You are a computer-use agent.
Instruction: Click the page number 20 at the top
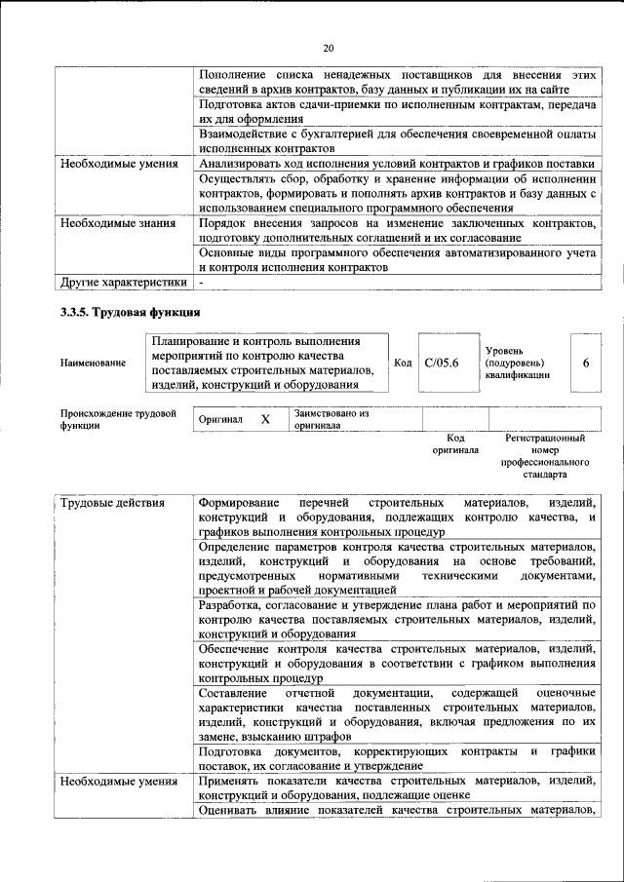coord(328,48)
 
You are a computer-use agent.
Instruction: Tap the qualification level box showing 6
coord(585,364)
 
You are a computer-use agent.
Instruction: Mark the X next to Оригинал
coord(264,419)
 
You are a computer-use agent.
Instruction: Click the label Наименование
coord(93,364)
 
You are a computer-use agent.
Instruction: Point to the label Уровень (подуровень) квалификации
coord(517,364)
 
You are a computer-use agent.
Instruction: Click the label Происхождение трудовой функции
coord(117,419)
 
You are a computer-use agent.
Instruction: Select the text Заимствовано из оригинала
coord(331,419)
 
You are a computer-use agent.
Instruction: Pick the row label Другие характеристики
coord(123,283)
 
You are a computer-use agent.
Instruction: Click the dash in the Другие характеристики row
coord(201,283)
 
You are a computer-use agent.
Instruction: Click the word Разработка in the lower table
coord(230,604)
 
